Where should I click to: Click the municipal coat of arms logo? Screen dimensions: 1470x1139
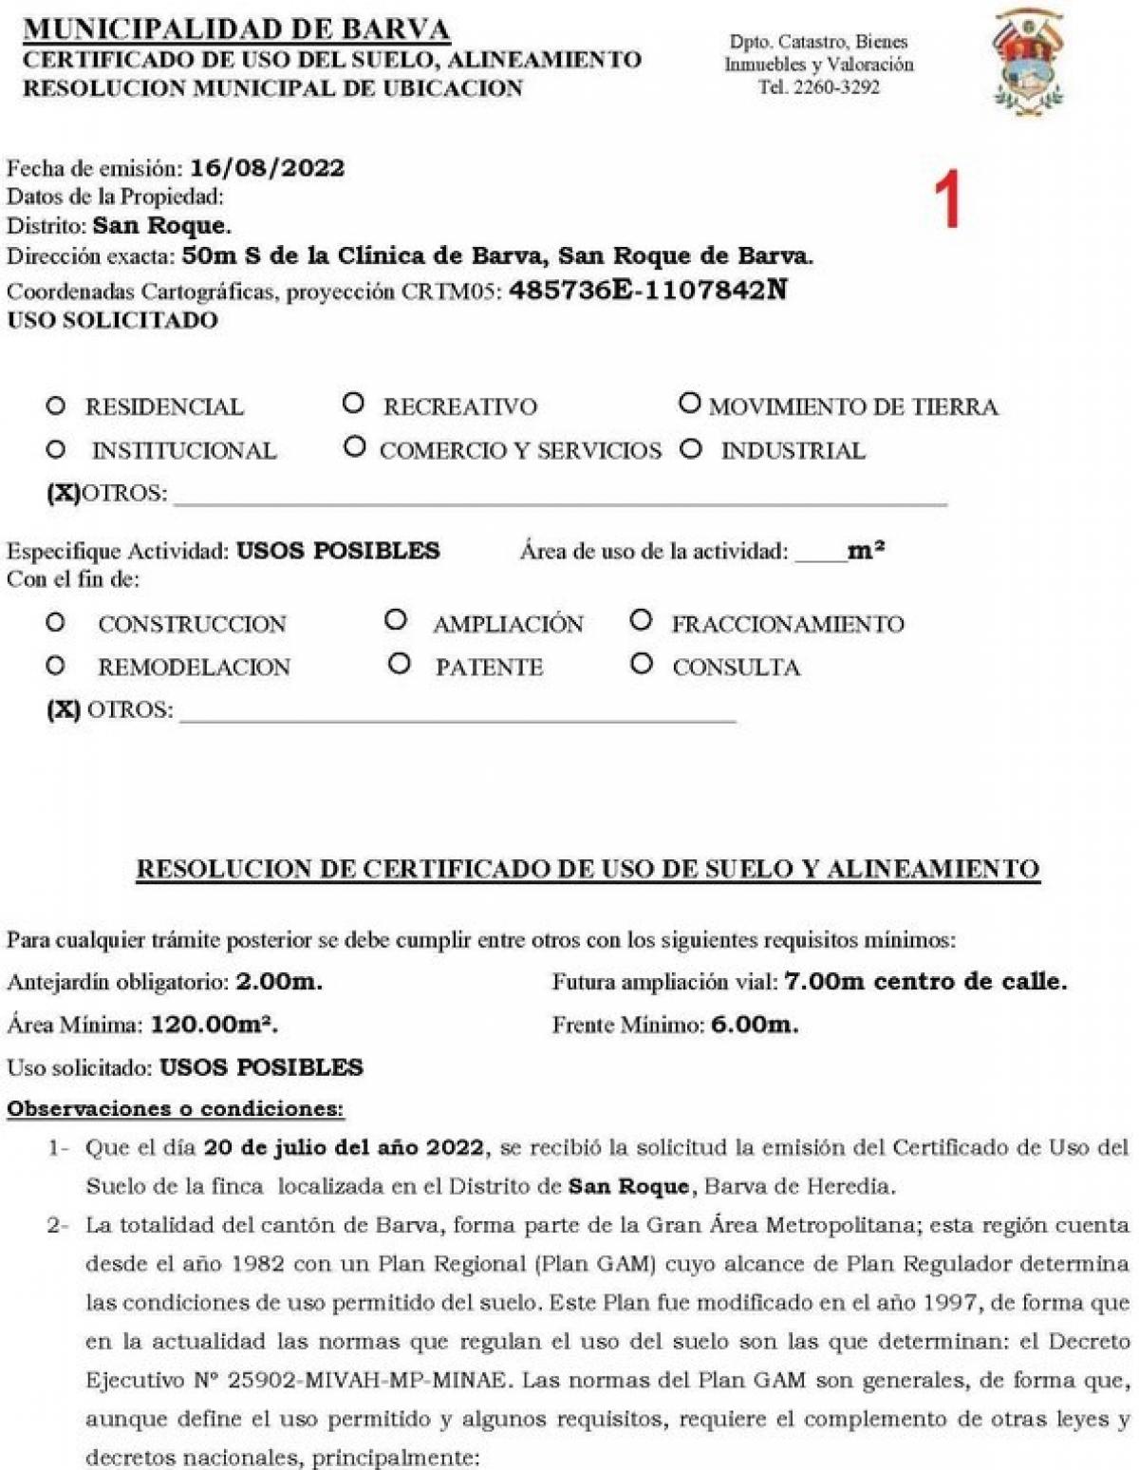coord(1029,62)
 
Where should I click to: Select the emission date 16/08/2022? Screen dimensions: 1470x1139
coord(267,169)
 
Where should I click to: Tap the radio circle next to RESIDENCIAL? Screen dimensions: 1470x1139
coord(56,406)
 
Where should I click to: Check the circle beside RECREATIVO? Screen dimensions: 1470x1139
coord(353,404)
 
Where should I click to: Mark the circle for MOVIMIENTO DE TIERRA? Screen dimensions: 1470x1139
coord(689,404)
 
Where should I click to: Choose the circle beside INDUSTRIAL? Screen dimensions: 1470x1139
coord(691,449)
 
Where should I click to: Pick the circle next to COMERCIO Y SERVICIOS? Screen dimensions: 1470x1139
coord(354,446)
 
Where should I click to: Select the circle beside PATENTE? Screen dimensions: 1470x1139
coord(399,664)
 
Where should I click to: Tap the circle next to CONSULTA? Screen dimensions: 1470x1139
coord(642,664)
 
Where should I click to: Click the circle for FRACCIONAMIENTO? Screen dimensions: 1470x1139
coord(641,621)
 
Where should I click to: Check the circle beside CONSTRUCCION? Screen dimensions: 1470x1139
coord(56,623)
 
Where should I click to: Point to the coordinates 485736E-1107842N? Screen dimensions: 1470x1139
coord(648,290)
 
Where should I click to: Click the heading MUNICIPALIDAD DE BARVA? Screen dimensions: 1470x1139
coord(236,28)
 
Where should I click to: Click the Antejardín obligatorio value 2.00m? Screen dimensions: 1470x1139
coord(278,982)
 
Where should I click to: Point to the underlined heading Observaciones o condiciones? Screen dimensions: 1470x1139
coord(175,1108)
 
